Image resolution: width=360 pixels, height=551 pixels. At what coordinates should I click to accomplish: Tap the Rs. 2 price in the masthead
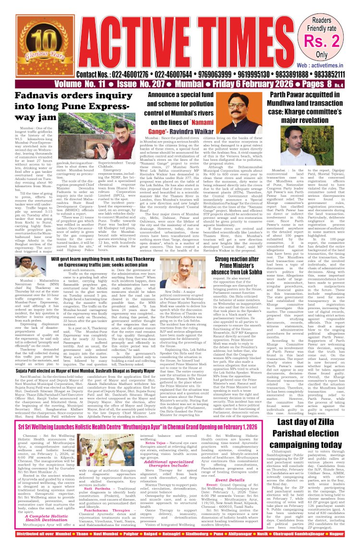(330, 40)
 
